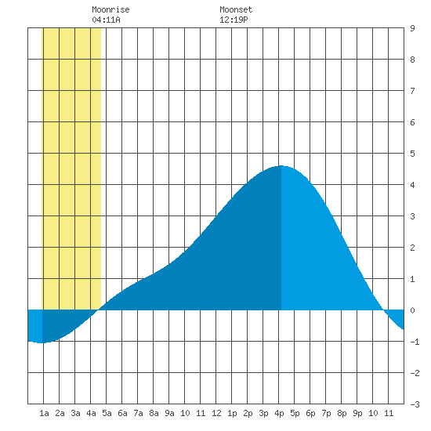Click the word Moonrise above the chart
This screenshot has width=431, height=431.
pyautogui.click(x=110, y=9)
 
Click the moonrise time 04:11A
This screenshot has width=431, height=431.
pyautogui.click(x=106, y=20)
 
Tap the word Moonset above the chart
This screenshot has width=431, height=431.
pyautogui.click(x=236, y=9)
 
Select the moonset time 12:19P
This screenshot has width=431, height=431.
pyautogui.click(x=234, y=20)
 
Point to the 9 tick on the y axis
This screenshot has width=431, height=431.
pyautogui.click(x=412, y=28)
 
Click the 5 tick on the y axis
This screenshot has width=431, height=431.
pyautogui.click(x=412, y=154)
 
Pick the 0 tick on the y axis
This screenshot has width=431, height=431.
pyautogui.click(x=412, y=310)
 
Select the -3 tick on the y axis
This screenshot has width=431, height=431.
pyautogui.click(x=415, y=404)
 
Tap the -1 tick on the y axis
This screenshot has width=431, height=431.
pyautogui.click(x=415, y=342)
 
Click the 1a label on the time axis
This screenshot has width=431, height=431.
pyautogui.click(x=44, y=413)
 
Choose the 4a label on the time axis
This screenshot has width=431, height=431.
pyautogui.click(x=91, y=413)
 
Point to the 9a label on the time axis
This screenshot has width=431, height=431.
pyautogui.click(x=169, y=413)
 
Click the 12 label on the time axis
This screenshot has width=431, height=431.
pyautogui.click(x=216, y=413)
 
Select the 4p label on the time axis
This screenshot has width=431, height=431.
pyautogui.click(x=279, y=413)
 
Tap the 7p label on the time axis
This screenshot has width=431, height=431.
pyautogui.click(x=326, y=413)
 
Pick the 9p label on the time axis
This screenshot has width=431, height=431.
pyautogui.click(x=357, y=413)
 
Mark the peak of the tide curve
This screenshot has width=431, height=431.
pyautogui.click(x=281, y=166)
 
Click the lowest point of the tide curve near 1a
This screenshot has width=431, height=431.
pyautogui.click(x=42, y=342)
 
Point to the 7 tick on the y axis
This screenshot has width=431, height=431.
pyautogui.click(x=412, y=91)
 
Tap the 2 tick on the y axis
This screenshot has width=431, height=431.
pyautogui.click(x=412, y=248)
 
